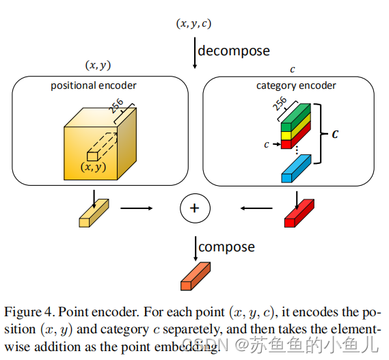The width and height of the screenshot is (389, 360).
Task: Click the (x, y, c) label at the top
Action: (x=194, y=24)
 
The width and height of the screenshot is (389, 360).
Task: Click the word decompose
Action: (x=233, y=50)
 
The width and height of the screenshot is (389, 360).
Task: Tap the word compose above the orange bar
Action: (x=226, y=246)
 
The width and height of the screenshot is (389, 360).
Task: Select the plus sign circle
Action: (x=194, y=208)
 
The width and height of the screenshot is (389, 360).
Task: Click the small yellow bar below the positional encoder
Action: (x=93, y=213)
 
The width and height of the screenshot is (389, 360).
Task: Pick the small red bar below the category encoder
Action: (x=299, y=213)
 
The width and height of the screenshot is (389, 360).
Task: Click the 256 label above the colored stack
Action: (x=280, y=103)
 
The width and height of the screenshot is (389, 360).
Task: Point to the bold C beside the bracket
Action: (x=335, y=135)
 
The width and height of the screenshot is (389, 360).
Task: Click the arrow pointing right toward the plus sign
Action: (x=137, y=208)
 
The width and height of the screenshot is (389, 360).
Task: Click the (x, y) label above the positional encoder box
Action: (x=98, y=66)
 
